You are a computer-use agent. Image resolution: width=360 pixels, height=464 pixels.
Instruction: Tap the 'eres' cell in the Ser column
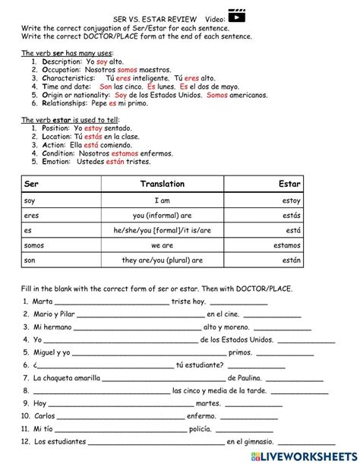32,215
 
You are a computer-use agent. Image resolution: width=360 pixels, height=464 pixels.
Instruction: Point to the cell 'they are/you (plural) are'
162,260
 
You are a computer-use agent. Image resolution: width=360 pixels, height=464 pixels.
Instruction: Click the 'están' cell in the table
291,260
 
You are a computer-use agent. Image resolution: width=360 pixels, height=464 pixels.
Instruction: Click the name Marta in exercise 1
43,301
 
